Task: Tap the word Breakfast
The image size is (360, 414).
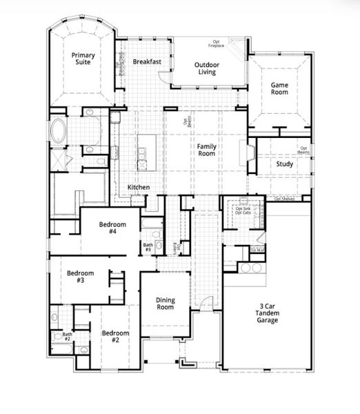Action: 147,61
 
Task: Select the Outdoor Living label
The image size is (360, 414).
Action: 206,68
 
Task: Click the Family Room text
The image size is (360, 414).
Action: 207,150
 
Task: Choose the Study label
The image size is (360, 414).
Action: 284,164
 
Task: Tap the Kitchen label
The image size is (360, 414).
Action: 139,188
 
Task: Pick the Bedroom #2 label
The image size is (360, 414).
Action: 115,337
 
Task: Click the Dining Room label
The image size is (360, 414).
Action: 165,303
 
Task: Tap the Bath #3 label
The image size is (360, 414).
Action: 148,247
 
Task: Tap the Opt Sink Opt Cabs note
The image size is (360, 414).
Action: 243,210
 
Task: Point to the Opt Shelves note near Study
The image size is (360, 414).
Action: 285,199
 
